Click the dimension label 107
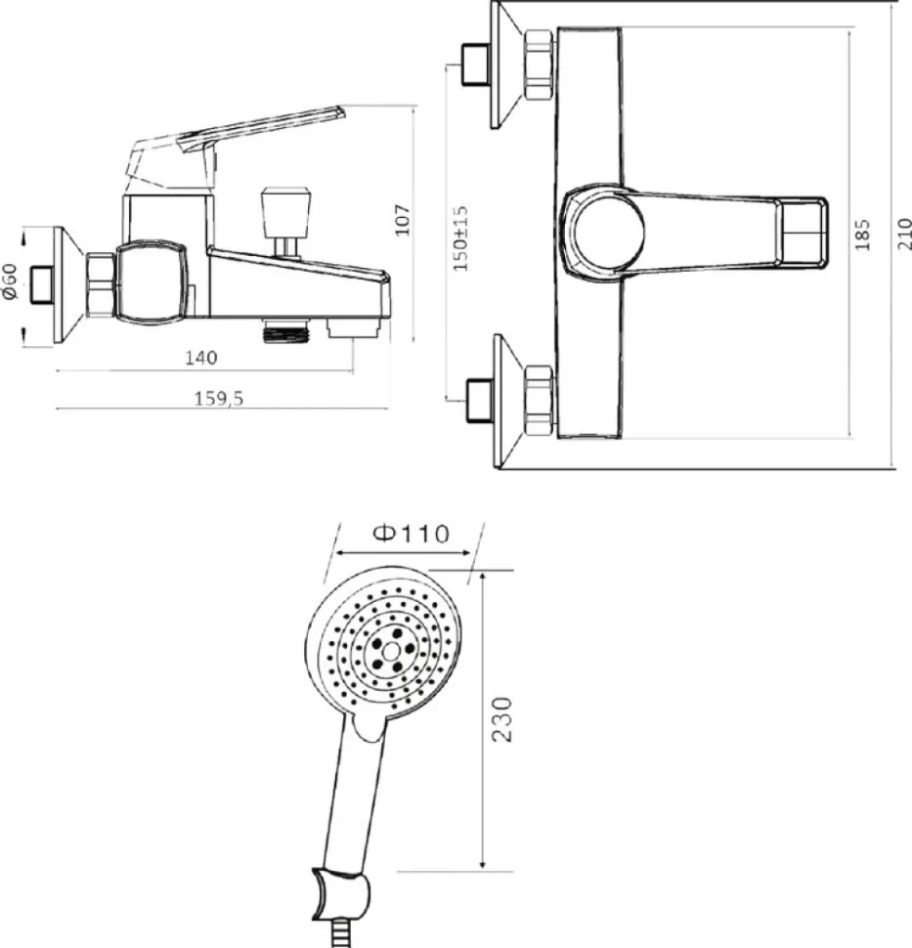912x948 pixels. click(403, 220)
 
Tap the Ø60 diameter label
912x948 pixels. click(11, 280)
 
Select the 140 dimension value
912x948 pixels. click(200, 358)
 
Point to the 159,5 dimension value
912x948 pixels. click(218, 399)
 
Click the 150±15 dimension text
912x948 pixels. click(460, 237)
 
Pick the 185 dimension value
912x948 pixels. click(863, 234)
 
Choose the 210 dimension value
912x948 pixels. click(904, 234)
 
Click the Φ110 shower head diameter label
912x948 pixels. click(412, 534)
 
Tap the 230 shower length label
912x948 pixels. click(502, 719)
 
